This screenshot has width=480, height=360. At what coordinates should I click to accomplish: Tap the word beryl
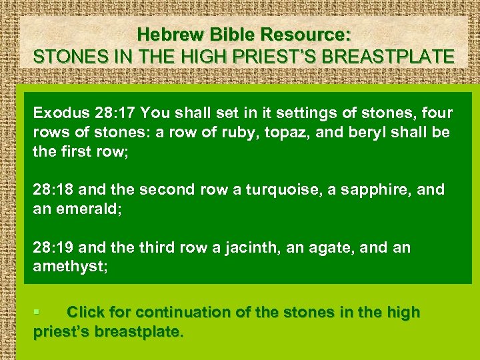click(383, 132)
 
